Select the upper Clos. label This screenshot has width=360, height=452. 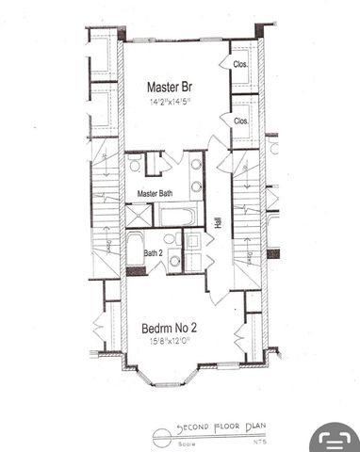[x=241, y=65]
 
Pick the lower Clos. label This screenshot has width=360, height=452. [x=241, y=121]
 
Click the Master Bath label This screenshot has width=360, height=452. [x=154, y=194]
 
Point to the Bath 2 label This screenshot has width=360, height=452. [x=155, y=253]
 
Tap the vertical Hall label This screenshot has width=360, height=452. [x=218, y=222]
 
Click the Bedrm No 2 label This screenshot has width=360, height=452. [x=174, y=328]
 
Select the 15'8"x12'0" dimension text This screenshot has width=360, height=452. [x=174, y=342]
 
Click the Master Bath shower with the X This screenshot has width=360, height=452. [x=137, y=216]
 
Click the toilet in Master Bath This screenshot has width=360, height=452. [x=136, y=166]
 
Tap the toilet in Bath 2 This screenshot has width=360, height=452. [x=174, y=261]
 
